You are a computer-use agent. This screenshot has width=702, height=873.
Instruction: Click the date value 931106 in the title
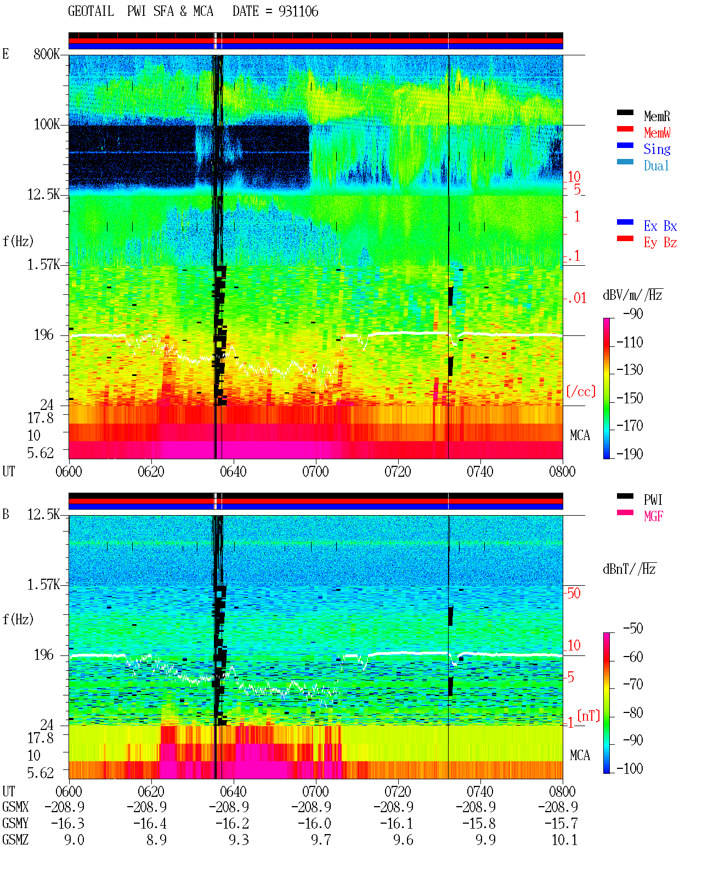tap(298, 12)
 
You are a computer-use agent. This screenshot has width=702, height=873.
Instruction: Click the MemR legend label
tap(656, 116)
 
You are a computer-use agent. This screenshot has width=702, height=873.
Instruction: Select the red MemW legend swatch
tap(625, 129)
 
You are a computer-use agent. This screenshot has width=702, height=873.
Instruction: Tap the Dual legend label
tap(656, 166)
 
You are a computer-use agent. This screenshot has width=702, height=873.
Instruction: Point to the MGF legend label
tap(653, 516)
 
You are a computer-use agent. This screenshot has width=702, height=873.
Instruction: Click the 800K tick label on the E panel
tap(47, 54)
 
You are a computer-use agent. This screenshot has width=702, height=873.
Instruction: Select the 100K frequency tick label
tap(47, 124)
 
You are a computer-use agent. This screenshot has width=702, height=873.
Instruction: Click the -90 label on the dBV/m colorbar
tap(633, 313)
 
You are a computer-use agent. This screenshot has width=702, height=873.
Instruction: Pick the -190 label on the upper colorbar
tap(630, 454)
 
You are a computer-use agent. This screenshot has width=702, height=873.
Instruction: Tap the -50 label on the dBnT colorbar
tap(633, 629)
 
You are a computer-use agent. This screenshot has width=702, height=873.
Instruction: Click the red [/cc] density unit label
tap(581, 391)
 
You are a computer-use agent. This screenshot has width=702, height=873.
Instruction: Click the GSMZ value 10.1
tap(564, 840)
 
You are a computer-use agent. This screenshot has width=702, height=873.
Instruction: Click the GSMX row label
tap(15, 807)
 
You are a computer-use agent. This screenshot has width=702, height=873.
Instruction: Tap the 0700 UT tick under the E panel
tap(315, 471)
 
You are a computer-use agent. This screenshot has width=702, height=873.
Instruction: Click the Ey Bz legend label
tap(660, 242)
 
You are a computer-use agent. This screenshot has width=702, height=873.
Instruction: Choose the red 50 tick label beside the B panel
tap(574, 593)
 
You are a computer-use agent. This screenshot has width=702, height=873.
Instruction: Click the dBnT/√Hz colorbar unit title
tap(630, 569)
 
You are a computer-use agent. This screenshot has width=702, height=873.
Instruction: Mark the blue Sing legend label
tap(656, 149)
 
